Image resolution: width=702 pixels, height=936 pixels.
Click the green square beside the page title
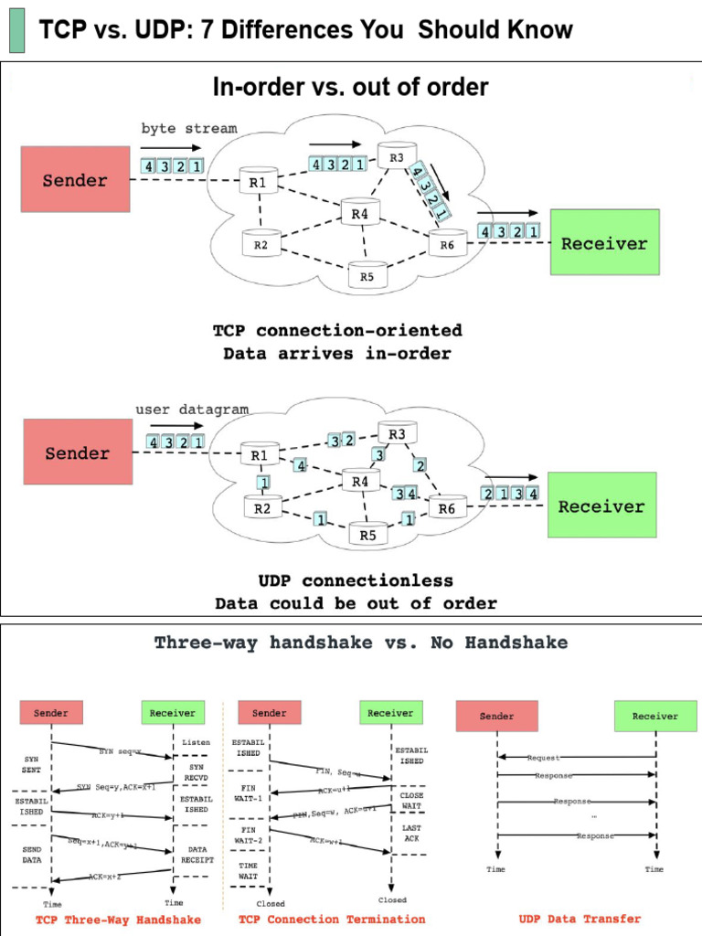16,30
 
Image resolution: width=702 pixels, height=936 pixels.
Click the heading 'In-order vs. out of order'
350,87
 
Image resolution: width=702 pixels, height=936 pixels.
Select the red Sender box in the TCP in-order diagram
76,180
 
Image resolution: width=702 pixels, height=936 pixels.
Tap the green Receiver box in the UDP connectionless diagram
601,505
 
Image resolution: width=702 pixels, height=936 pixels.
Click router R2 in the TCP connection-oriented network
261,244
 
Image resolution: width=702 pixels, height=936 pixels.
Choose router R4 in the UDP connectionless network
360,481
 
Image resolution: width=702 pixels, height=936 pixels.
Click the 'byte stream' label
188,129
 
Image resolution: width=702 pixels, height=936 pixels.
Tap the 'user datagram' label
192,409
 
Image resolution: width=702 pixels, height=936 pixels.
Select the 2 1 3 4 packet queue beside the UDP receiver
510,494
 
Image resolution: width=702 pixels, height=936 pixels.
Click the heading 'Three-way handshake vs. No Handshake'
360,643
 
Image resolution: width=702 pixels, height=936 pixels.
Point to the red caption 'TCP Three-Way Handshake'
118,920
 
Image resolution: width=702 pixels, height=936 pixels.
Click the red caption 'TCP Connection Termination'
332,920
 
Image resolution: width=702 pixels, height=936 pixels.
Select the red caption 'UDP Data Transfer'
580,919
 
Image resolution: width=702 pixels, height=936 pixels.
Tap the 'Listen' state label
196,743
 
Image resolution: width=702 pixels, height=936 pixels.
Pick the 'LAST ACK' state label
410,833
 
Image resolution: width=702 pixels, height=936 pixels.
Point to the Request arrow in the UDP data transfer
576,758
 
